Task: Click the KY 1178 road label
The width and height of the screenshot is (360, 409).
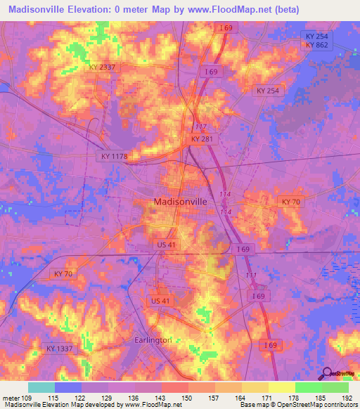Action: coord(113,156)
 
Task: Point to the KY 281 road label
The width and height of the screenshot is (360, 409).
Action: coord(202,140)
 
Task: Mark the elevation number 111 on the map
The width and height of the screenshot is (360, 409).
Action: coord(251,275)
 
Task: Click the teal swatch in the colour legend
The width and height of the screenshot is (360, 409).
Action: coord(41,387)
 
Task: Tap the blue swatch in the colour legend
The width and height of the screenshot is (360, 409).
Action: coord(68,387)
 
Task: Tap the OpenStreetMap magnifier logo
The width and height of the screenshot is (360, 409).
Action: coord(327,372)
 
